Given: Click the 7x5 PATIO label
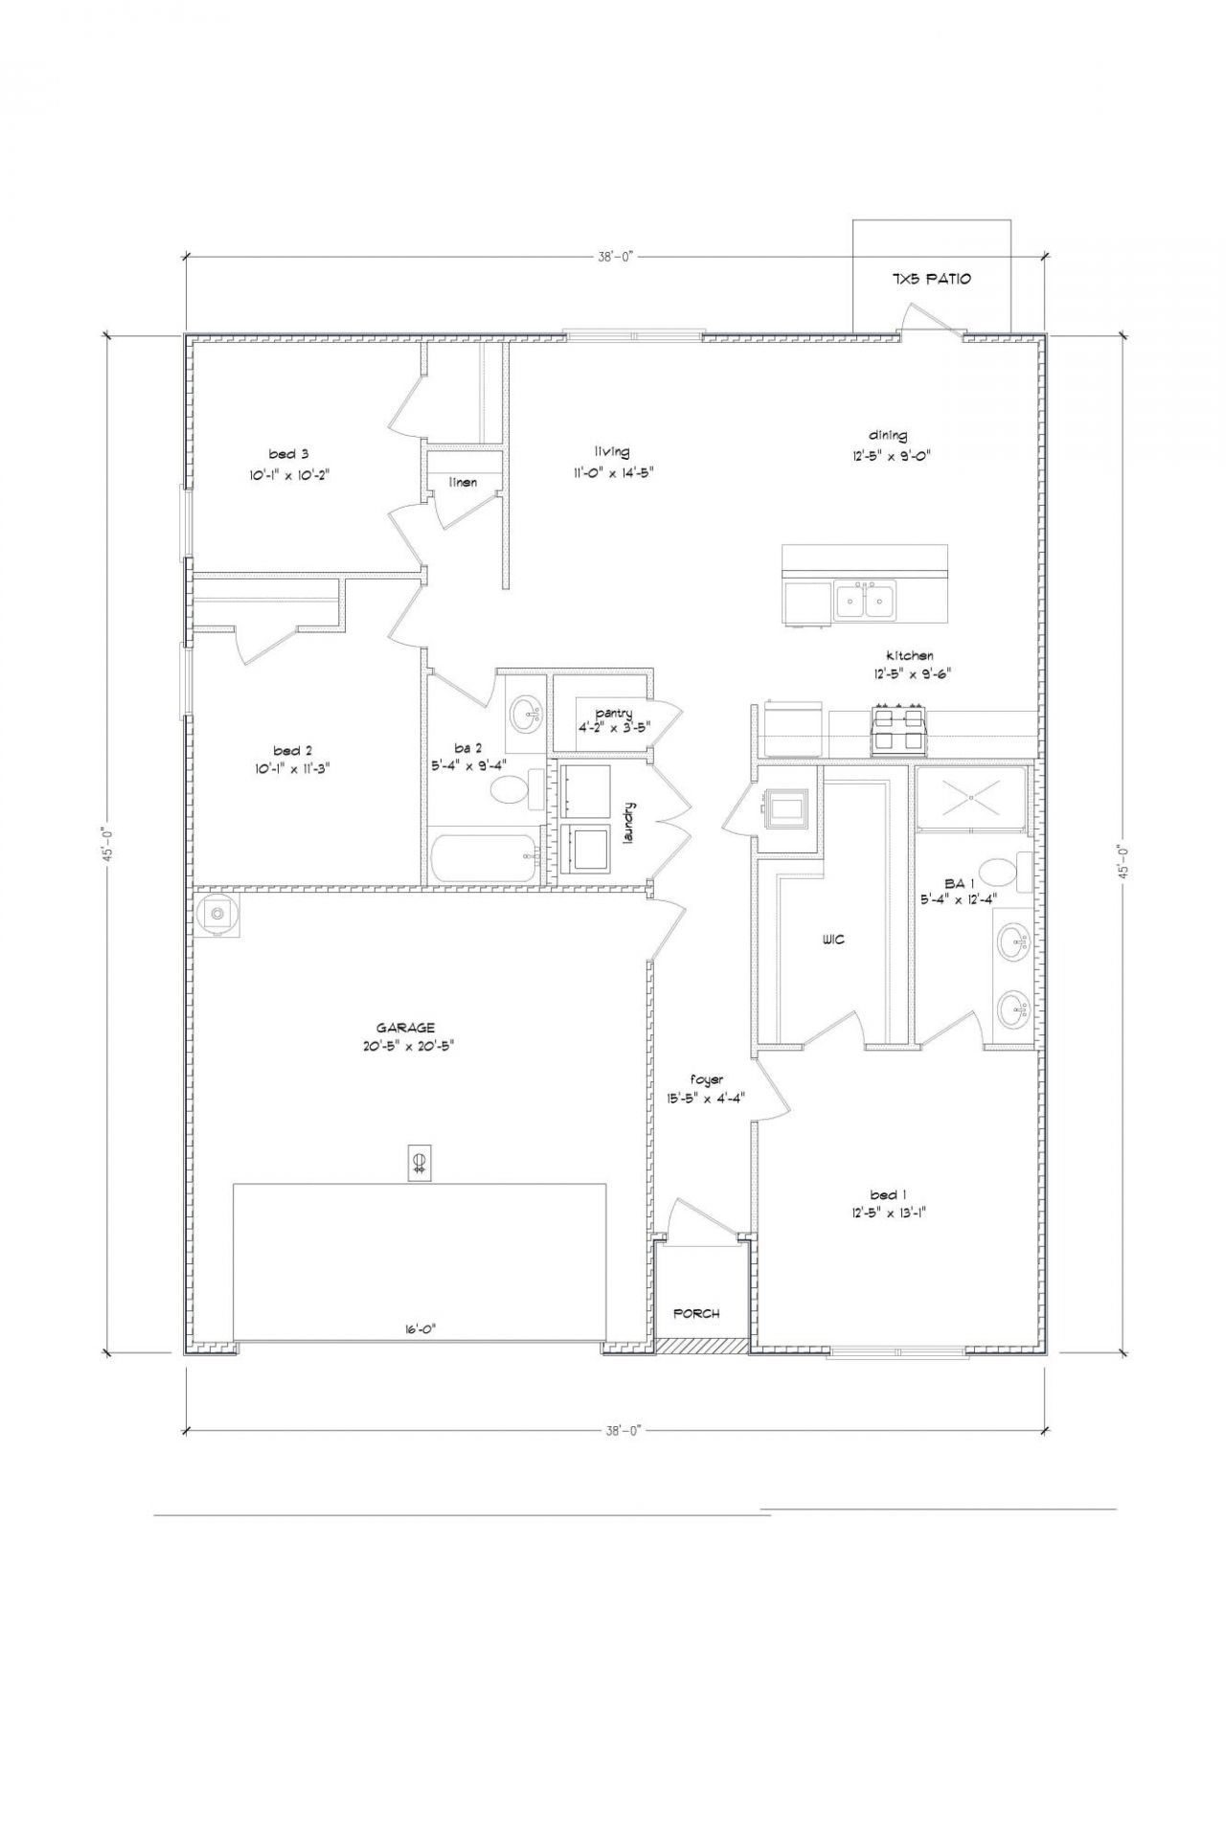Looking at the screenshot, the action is coord(931,279).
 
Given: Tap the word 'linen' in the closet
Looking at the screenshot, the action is coord(463,482).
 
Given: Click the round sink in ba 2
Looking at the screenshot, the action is coord(526,713).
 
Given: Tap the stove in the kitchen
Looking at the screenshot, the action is coord(898,731).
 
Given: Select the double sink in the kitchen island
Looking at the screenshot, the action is coord(865,602).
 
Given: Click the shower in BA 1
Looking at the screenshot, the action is coord(970,796).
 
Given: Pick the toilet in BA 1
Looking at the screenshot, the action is coord(1004,872).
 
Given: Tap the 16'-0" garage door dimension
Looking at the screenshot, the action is coord(420,1328).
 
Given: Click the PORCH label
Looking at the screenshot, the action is coord(696,1313).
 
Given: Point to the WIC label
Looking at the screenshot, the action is coord(833,940).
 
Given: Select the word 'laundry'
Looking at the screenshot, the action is coord(629,823).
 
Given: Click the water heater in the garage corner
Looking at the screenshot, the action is coord(218,915).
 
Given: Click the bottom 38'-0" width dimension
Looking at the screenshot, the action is coord(622,1430).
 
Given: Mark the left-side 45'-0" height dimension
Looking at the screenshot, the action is coord(109,844).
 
